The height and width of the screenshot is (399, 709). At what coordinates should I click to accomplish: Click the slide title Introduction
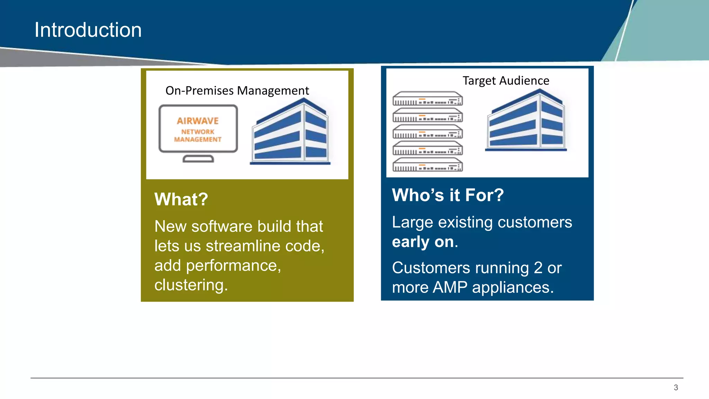tap(88, 30)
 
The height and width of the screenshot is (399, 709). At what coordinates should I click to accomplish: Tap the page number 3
tap(675, 388)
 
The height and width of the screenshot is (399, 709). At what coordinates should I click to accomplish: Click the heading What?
tap(181, 199)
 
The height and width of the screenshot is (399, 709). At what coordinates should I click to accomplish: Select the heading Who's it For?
tap(448, 195)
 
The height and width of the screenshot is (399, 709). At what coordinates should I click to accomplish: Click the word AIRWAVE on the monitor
tap(198, 121)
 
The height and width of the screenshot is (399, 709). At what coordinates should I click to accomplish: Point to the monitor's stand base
tap(198, 159)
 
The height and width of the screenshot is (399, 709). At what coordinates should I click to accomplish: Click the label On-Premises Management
tap(237, 91)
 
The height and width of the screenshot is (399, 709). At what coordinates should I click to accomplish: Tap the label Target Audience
tap(506, 81)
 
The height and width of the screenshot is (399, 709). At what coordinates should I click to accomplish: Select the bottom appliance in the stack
tap(428, 165)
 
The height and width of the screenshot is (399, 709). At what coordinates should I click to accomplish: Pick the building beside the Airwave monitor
tap(290, 132)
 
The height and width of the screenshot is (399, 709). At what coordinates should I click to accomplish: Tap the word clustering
tap(191, 285)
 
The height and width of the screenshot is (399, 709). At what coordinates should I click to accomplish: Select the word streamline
tap(243, 246)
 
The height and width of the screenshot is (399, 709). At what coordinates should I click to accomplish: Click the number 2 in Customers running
tap(538, 268)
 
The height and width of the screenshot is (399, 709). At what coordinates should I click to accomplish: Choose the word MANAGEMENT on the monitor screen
tap(198, 140)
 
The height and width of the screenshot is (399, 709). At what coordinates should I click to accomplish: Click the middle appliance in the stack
tap(428, 132)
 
